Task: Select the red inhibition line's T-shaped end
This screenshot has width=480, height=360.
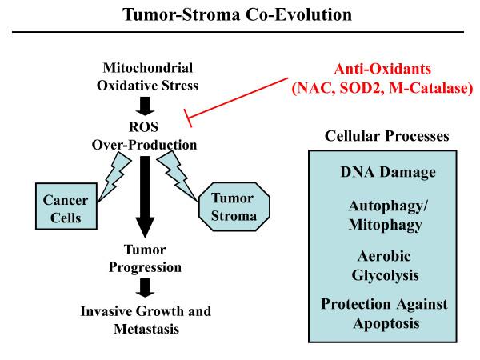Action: (x=186, y=119)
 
